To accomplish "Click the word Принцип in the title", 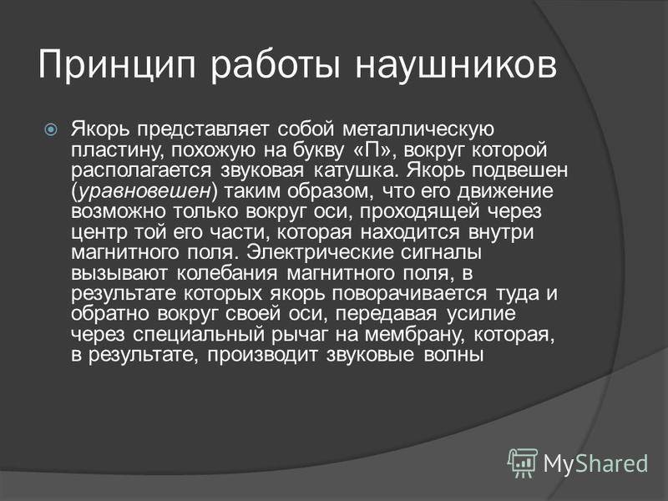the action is [116, 66].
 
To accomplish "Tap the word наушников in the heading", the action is [456, 66].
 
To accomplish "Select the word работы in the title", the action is [276, 66].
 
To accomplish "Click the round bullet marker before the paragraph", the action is [51, 129].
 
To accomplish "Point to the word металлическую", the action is [418, 129].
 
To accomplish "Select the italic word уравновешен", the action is [144, 191].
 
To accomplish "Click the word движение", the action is [506, 191].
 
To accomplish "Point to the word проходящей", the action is [420, 212].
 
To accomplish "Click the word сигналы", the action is [442, 253].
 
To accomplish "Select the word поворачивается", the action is [409, 294].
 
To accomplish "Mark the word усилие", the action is [482, 314].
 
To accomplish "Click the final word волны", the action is [453, 355].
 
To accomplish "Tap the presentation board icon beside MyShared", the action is [523, 463].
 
